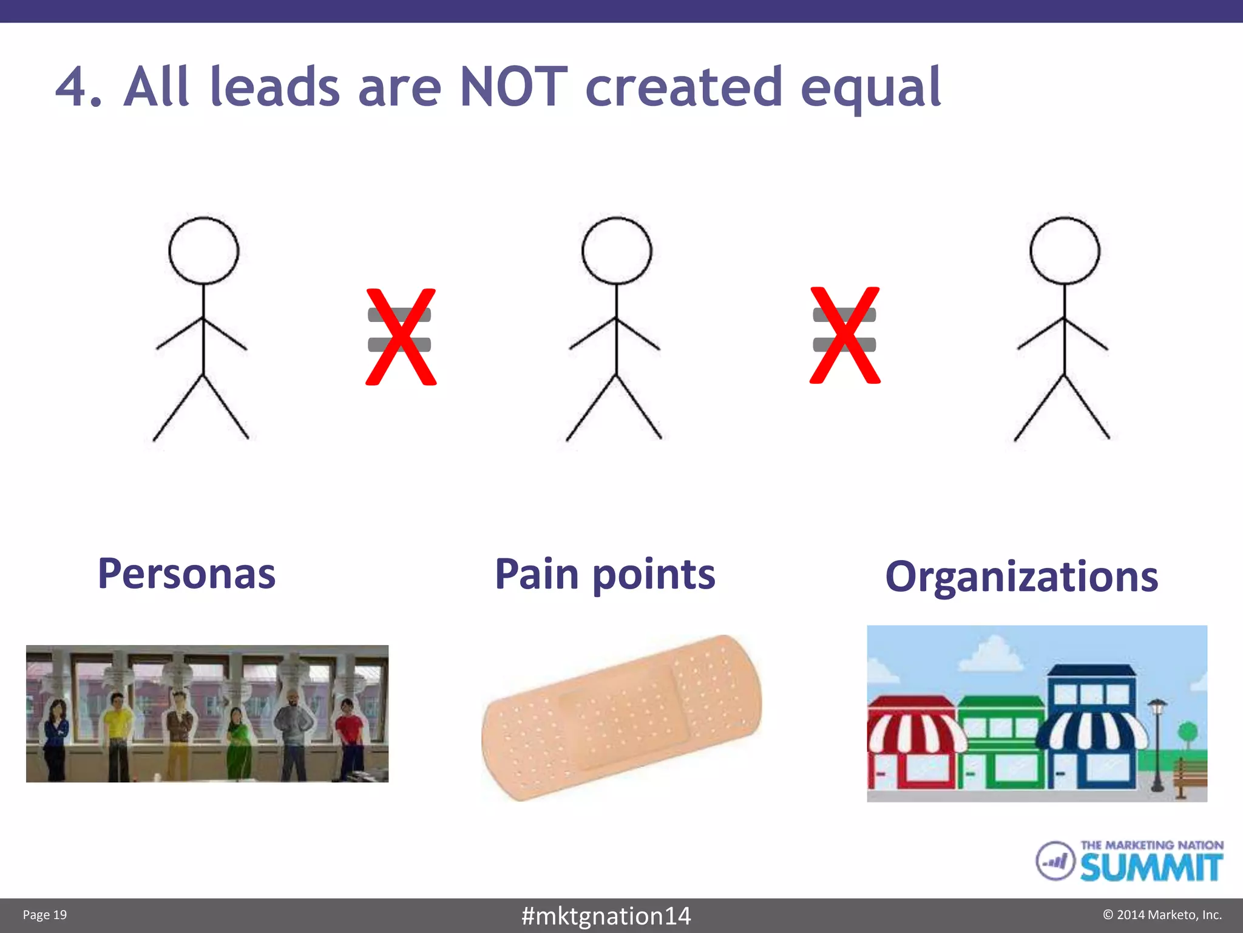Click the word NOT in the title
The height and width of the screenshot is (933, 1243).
click(x=513, y=87)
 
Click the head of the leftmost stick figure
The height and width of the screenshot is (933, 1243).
click(x=203, y=250)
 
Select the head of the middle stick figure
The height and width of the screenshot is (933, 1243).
click(x=617, y=250)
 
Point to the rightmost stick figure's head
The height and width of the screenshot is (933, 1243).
click(x=1065, y=250)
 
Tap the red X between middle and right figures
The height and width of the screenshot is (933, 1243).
click(x=844, y=335)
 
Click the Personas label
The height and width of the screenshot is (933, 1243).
click(x=186, y=573)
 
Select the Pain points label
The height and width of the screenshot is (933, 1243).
click(x=605, y=574)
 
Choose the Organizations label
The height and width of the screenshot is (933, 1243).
click(x=1021, y=576)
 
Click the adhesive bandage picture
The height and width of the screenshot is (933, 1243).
click(x=621, y=718)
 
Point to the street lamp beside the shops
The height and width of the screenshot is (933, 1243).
click(x=1157, y=744)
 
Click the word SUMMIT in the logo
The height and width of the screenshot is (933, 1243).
click(x=1151, y=867)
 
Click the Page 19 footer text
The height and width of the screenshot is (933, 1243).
click(x=45, y=915)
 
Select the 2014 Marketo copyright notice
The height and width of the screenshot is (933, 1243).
click(x=1162, y=915)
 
